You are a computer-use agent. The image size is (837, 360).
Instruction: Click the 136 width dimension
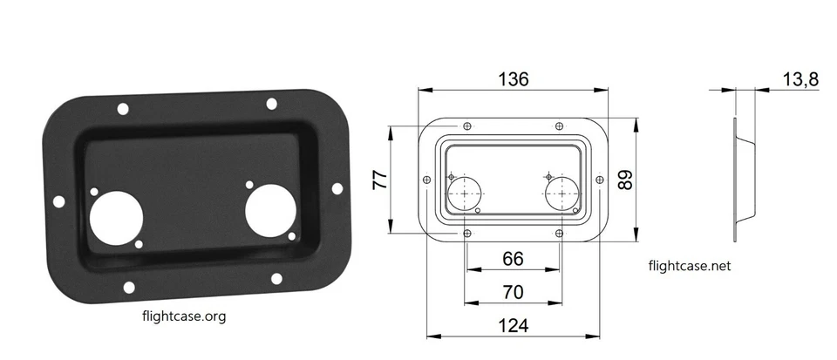(x=513, y=78)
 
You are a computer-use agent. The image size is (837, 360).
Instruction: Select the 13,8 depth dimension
(x=800, y=79)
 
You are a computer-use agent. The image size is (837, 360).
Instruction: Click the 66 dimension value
(x=512, y=259)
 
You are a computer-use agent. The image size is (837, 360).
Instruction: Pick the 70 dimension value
(x=512, y=291)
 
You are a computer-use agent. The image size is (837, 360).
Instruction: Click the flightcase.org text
(x=183, y=316)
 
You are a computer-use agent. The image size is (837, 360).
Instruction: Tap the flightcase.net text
(x=690, y=266)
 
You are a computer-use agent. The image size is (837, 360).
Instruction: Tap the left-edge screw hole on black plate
(x=58, y=201)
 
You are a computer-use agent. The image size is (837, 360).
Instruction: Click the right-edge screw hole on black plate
(x=337, y=188)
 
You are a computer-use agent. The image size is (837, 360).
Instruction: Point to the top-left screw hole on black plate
(x=123, y=109)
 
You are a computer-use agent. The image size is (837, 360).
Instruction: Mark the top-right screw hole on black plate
(x=272, y=104)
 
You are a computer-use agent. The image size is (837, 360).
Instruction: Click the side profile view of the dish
(x=741, y=166)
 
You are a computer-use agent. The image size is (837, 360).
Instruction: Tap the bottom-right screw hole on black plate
(x=276, y=279)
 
